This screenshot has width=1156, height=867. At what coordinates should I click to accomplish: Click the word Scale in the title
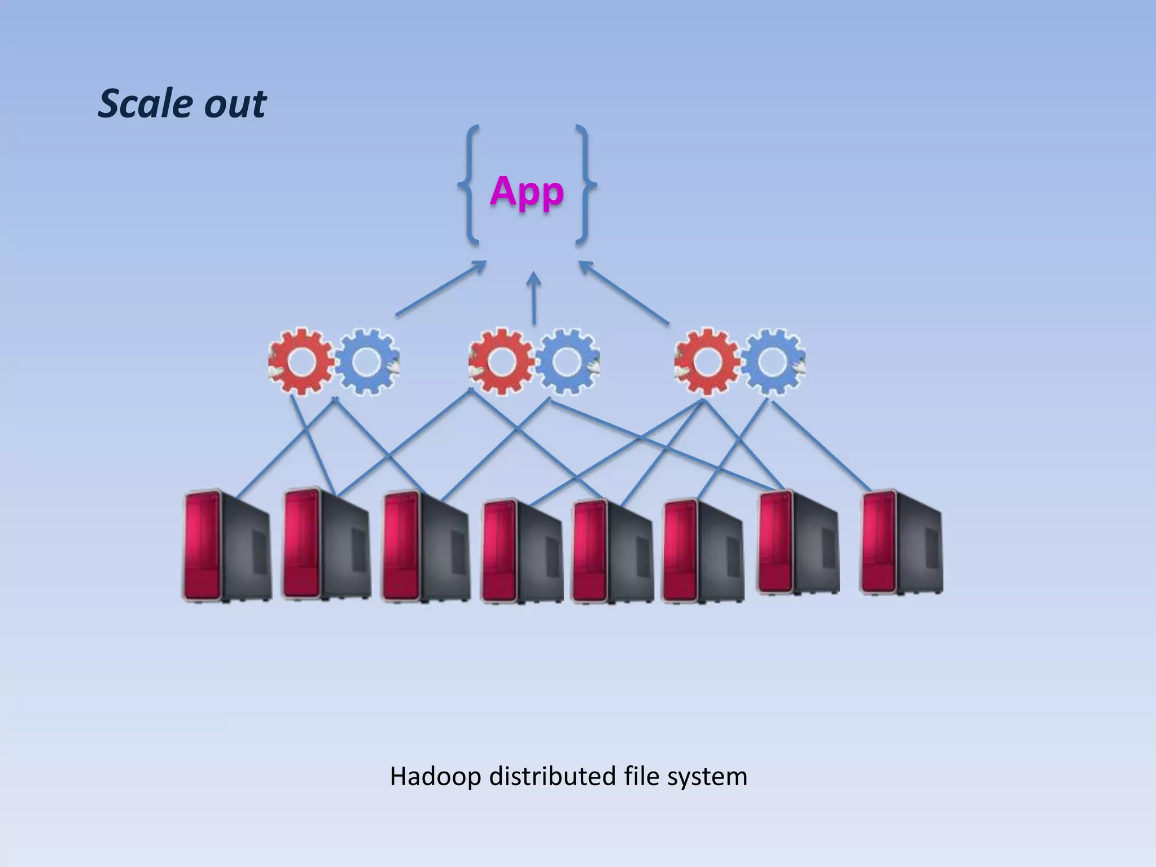(x=146, y=104)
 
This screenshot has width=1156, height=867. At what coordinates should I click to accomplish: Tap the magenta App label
(x=527, y=192)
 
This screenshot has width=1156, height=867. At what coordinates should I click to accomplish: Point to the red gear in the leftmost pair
(x=301, y=361)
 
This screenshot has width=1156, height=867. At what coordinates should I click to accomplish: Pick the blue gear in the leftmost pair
(x=367, y=361)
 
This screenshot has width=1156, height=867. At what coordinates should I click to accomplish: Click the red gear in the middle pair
(x=501, y=361)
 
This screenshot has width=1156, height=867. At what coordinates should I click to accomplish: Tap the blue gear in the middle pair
(x=567, y=361)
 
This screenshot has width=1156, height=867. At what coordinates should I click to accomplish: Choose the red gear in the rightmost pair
(x=707, y=361)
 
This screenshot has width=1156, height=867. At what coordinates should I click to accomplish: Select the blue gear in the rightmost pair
(x=773, y=361)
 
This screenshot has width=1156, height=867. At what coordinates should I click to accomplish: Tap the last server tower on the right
(x=901, y=542)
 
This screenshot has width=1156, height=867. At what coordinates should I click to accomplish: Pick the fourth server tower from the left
(x=522, y=551)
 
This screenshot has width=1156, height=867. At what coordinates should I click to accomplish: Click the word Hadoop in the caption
(x=435, y=777)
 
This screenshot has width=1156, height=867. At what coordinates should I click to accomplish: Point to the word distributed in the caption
(x=552, y=777)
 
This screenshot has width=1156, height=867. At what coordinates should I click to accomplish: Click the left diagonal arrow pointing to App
(x=441, y=288)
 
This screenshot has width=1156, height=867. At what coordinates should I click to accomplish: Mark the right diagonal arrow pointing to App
(x=624, y=292)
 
